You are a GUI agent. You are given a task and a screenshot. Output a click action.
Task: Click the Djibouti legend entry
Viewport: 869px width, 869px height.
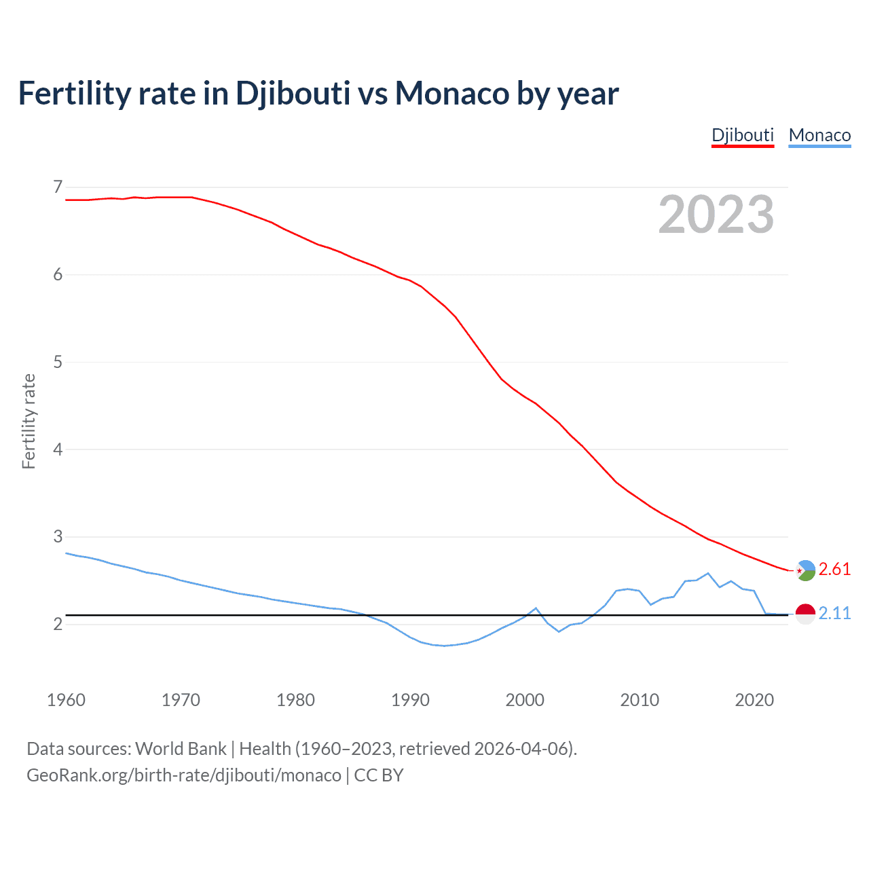tap(743, 135)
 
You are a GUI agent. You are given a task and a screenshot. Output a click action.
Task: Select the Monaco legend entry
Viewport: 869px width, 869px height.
tap(819, 135)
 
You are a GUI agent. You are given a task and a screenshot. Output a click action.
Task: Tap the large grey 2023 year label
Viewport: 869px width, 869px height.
tap(716, 215)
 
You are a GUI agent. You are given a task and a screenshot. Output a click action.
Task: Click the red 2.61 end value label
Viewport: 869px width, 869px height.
tap(834, 569)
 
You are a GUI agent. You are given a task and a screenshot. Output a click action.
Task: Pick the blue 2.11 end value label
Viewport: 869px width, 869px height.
tap(834, 613)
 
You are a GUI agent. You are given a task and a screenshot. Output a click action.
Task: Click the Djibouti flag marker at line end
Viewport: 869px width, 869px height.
tap(805, 570)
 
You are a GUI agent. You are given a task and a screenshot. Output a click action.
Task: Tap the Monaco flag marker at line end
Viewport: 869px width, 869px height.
tap(805, 614)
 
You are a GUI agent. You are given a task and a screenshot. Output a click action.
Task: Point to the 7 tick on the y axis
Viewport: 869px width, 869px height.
tap(58, 187)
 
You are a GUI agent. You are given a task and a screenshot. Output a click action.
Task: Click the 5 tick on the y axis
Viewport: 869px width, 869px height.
tap(58, 362)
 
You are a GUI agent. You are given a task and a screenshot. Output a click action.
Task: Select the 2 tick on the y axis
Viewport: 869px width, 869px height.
tap(58, 624)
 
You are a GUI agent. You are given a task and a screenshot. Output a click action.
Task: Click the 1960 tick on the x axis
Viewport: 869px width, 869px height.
tap(66, 700)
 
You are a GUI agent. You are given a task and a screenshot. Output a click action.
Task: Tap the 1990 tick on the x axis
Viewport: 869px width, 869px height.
tap(410, 700)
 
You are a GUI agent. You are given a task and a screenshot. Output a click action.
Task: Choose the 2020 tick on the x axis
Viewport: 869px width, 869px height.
tap(754, 700)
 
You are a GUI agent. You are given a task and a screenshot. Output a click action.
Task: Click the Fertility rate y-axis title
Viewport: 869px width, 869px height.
tap(29, 421)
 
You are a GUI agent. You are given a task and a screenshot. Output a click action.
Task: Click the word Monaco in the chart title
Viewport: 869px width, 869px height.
tap(451, 93)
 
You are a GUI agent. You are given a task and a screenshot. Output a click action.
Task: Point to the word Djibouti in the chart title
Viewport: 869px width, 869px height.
tap(293, 93)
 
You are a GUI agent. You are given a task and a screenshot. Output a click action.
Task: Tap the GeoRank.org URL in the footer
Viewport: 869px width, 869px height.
tap(183, 775)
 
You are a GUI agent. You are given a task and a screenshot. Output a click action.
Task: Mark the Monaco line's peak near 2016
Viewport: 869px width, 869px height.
tap(708, 573)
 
